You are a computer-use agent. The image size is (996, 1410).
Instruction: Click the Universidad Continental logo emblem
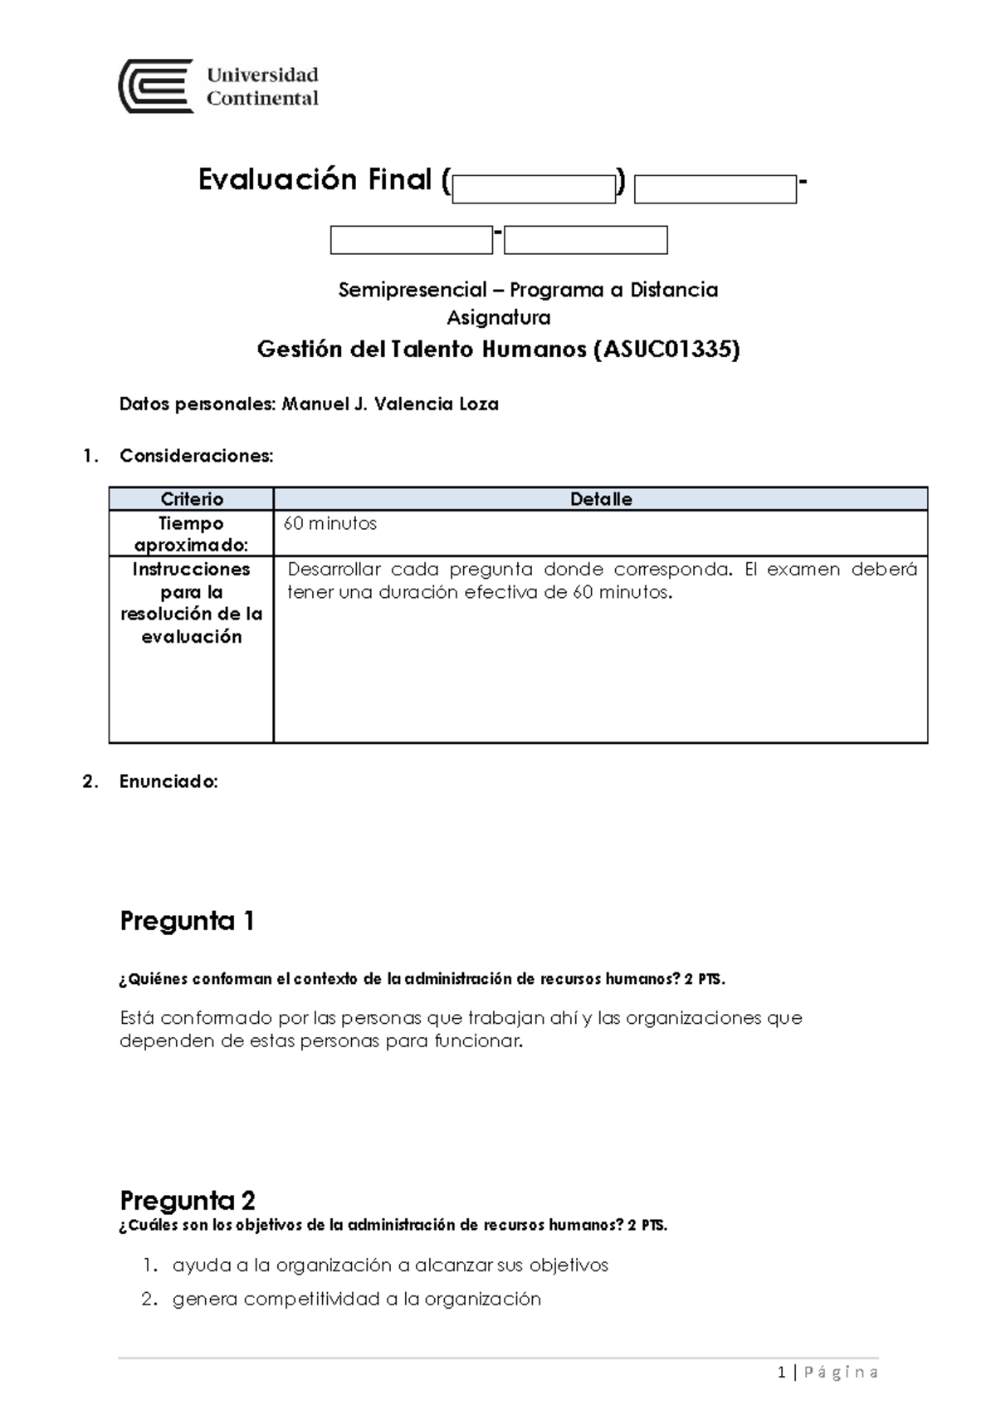point(156,86)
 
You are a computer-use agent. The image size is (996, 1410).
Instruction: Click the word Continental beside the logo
point(262,99)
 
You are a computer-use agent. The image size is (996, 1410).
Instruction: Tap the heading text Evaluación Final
point(315,179)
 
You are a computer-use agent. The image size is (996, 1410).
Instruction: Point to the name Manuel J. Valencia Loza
point(390,404)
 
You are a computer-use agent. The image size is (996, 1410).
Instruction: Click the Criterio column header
point(192,499)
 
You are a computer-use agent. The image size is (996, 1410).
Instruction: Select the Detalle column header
point(601,499)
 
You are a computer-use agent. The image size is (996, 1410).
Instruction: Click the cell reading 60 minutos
point(330,524)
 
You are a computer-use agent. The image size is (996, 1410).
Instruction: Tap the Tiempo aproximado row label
point(192,534)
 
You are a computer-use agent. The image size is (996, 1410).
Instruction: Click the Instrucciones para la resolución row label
point(192,603)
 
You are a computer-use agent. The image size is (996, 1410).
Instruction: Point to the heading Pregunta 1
point(187,921)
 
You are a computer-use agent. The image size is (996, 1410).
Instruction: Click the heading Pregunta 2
point(188,1200)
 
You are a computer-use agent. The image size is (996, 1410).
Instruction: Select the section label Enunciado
point(168,781)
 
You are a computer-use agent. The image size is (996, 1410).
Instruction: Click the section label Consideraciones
point(196,456)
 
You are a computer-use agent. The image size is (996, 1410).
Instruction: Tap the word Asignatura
point(498,317)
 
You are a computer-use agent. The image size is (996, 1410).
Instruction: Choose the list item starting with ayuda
point(390,1265)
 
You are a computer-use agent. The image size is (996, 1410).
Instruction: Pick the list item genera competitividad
point(357,1300)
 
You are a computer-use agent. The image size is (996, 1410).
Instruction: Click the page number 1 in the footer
point(781,1373)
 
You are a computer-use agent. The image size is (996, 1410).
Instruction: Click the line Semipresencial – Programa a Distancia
point(528,290)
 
